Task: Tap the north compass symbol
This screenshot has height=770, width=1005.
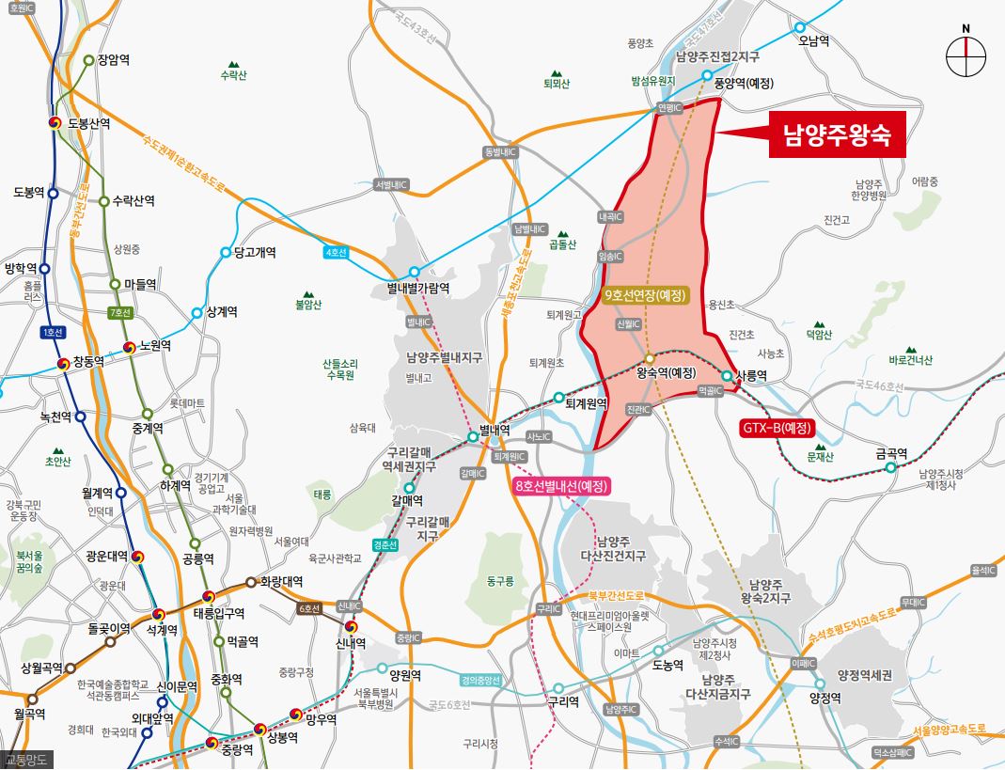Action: [966, 56]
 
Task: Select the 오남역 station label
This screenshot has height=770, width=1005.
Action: [813, 41]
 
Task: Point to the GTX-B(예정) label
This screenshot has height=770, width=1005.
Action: [776, 429]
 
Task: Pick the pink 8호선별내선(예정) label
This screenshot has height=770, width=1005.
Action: [562, 486]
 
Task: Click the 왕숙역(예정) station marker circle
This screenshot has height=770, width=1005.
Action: [650, 359]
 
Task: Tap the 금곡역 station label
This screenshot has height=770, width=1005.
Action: [891, 453]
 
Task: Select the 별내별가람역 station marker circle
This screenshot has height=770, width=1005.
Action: [414, 272]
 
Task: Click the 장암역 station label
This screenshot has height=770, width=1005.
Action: [113, 60]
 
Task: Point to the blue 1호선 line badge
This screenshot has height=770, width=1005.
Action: [52, 333]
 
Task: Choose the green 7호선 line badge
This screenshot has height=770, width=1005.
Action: [119, 312]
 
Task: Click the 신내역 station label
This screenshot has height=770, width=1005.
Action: [352, 643]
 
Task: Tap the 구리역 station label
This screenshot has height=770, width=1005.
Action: [563, 701]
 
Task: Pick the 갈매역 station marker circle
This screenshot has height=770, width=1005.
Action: [409, 487]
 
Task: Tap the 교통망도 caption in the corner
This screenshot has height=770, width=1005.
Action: [27, 760]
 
